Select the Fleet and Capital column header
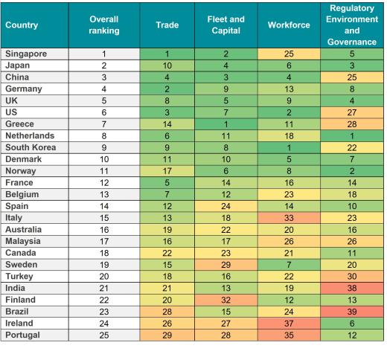pos(226,25)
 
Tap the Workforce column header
pos(288,25)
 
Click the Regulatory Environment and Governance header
pos(351,25)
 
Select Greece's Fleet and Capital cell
pos(226,124)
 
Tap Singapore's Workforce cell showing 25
pos(288,54)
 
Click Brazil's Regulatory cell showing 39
pos(351,312)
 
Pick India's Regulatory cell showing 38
pos(351,288)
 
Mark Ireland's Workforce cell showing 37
pos(288,324)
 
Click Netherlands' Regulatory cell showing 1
pos(351,136)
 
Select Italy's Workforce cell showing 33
pos(288,218)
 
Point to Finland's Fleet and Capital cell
pos(226,300)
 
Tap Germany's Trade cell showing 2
pos(167,89)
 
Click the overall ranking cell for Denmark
pos(104,159)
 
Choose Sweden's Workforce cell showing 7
pos(288,265)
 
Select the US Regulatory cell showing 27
pos(351,112)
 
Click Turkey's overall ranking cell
pos(104,277)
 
